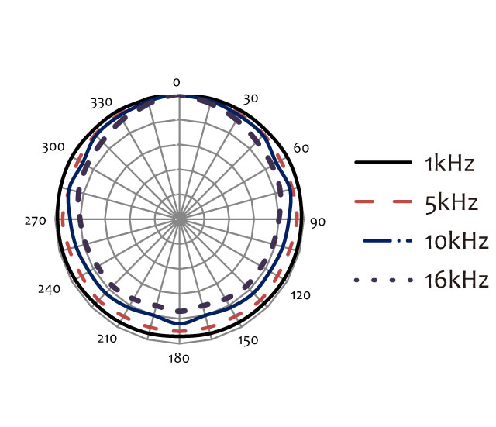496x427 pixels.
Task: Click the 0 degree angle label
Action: (177, 83)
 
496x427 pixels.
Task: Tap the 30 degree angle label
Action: (250, 98)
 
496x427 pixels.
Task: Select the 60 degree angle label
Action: (301, 148)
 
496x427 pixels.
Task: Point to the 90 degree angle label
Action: (318, 222)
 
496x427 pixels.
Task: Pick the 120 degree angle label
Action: (301, 295)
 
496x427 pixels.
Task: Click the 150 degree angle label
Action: (248, 340)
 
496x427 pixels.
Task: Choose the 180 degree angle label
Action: (179, 358)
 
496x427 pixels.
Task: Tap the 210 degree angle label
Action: (107, 339)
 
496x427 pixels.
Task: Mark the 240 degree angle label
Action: (49, 289)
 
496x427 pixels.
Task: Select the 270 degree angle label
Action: (36, 221)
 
